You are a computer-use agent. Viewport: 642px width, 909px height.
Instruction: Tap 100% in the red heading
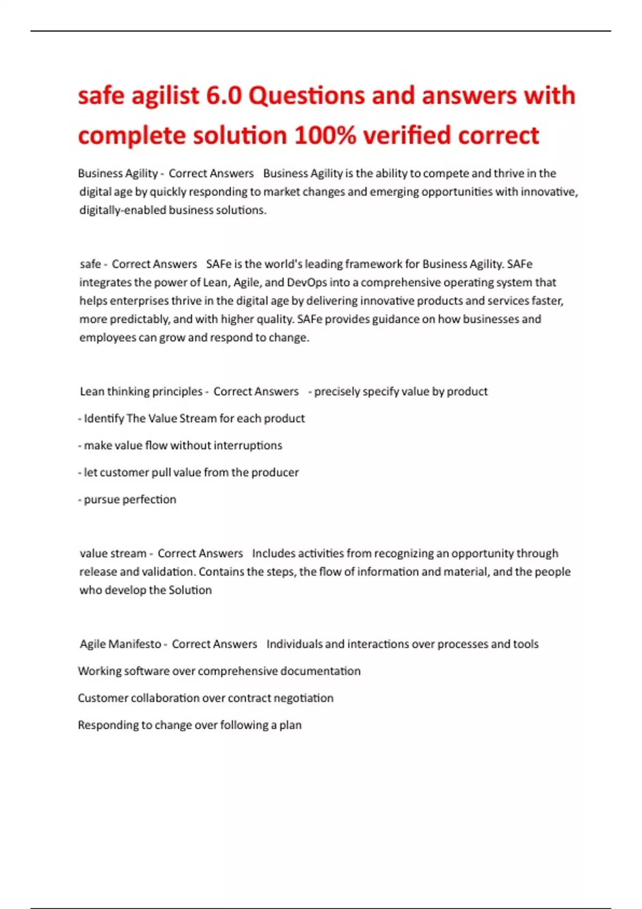click(x=325, y=135)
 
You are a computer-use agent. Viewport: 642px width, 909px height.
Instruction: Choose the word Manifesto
click(x=135, y=644)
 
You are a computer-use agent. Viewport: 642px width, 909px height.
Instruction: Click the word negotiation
click(x=303, y=698)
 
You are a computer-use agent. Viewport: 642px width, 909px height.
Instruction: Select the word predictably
click(x=140, y=319)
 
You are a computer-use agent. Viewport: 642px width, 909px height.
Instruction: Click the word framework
click(x=382, y=264)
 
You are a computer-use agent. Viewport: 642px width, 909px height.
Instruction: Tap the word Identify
click(x=104, y=418)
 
